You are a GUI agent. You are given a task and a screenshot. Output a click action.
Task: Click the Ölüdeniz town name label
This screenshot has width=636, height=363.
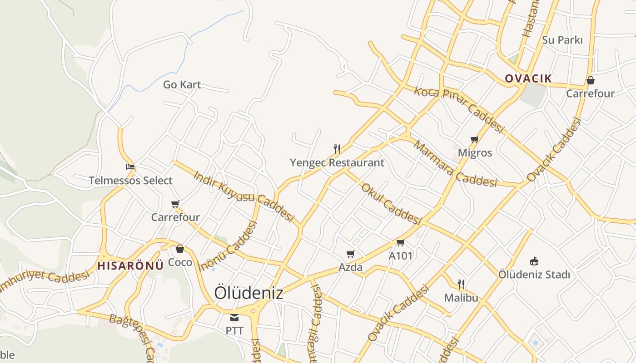coord(248,293)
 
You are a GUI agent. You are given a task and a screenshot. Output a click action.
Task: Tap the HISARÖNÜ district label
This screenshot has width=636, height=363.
coord(130,266)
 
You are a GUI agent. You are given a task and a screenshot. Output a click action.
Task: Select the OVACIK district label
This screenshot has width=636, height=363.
coord(528,78)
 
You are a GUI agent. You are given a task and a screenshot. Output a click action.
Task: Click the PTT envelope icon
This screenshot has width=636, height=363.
coord(234,318)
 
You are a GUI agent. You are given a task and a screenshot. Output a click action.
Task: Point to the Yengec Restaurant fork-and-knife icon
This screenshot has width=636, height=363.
coord(337,149)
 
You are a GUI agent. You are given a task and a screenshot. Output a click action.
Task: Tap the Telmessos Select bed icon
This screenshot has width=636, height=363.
coord(130,167)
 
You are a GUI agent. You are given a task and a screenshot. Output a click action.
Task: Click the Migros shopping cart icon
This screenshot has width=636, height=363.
coord(475,139)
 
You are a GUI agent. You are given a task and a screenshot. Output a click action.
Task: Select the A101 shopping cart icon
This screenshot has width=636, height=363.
coord(400,242)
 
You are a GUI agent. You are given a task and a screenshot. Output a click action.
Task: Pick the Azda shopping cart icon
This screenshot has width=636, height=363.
coord(350,254)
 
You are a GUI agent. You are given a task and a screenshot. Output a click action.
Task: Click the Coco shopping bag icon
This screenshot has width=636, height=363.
coord(180,249)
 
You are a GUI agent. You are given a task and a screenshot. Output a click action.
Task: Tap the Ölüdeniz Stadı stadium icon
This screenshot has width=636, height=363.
coord(534,261)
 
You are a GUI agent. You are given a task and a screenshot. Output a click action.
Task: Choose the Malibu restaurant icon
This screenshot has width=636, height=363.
coord(461,285)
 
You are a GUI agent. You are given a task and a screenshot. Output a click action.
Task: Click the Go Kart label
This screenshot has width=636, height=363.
coord(182,84)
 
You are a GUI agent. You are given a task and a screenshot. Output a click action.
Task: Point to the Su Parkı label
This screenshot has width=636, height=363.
coord(562,40)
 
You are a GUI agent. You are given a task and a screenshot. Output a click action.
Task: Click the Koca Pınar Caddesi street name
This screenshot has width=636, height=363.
coord(459,110)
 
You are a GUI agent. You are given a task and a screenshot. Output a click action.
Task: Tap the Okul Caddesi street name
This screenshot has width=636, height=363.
coord(391,204)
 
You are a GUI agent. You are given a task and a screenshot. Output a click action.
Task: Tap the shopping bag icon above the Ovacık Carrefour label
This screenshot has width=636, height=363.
coord(590,80)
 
